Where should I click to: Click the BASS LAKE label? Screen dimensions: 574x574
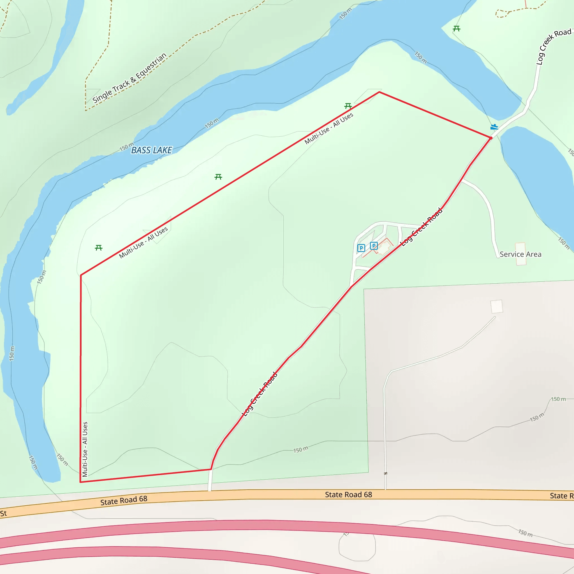[152, 150]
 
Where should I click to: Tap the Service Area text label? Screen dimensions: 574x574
[520, 254]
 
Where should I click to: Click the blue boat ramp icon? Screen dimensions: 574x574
[494, 127]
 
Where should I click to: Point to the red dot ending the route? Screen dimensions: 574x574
[490, 138]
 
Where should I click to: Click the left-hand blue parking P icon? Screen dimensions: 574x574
[361, 248]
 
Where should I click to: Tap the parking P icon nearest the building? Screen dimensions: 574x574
[374, 246]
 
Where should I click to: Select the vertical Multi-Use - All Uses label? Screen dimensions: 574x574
[85, 449]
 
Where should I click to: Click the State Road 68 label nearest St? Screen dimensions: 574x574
[124, 500]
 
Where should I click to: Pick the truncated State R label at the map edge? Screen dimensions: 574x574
[561, 496]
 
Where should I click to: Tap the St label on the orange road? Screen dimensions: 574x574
[4, 513]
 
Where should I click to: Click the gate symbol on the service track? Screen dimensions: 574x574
[385, 473]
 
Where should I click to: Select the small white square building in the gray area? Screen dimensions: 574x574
[496, 306]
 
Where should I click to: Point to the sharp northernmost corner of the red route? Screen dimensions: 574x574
[379, 92]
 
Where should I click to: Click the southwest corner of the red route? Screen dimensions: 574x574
[80, 482]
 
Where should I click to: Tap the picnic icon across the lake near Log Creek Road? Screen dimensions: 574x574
[457, 29]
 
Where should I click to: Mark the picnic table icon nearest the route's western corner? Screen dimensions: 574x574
[99, 248]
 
